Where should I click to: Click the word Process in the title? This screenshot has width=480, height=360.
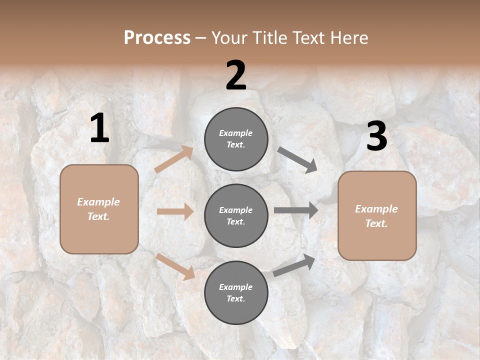click(x=157, y=38)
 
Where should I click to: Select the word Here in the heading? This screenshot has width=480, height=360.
click(x=348, y=38)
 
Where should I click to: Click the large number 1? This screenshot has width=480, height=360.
click(x=99, y=128)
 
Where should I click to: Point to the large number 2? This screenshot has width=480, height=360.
click(x=236, y=75)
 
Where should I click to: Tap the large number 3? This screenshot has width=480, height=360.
click(x=376, y=136)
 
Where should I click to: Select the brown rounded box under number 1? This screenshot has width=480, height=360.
click(x=99, y=209)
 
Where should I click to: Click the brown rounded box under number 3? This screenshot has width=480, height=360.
click(x=377, y=216)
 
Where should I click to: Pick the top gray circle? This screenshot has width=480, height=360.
click(x=236, y=139)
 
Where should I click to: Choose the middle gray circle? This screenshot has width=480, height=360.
click(x=236, y=216)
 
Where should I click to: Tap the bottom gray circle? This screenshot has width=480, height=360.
click(x=236, y=293)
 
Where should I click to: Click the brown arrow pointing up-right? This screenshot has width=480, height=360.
click(x=174, y=159)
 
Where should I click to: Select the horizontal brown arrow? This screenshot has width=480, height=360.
click(x=175, y=211)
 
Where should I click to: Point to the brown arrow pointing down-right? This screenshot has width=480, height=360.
click(x=175, y=266)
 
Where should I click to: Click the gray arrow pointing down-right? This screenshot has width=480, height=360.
click(x=297, y=160)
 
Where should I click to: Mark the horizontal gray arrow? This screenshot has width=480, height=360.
click(x=296, y=210)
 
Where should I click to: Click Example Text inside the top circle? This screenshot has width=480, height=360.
click(x=236, y=139)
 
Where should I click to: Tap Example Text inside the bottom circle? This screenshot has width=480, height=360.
click(x=236, y=293)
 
